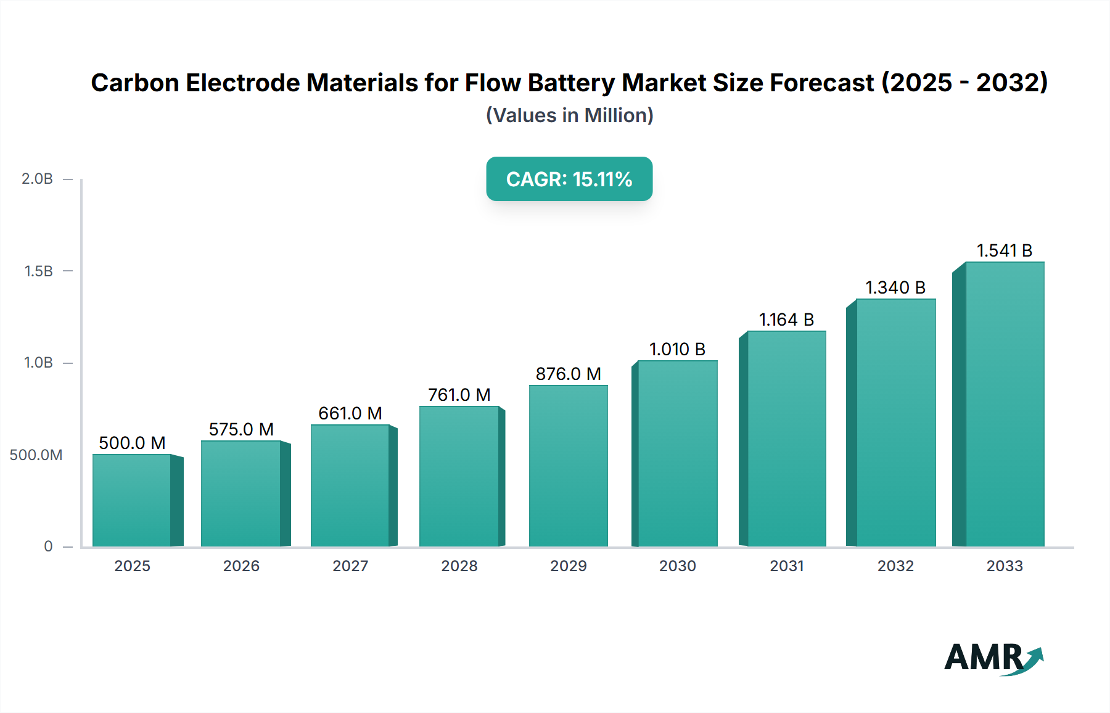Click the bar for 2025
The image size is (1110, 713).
[x=132, y=500]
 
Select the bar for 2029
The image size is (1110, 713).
[x=568, y=466]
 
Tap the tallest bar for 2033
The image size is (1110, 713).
[x=1005, y=404]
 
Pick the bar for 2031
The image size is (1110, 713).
[x=786, y=439]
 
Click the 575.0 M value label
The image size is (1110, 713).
[x=241, y=429]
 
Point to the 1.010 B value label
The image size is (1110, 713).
[x=677, y=349]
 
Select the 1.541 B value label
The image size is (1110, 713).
[x=1005, y=250]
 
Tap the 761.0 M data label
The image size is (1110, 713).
[x=459, y=395]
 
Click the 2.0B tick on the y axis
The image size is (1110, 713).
[x=38, y=179]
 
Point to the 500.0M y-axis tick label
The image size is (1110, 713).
[x=36, y=455]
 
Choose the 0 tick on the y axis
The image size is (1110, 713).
[x=48, y=546]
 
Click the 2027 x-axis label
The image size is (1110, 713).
[x=350, y=566]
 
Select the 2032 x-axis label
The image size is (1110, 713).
[x=895, y=566]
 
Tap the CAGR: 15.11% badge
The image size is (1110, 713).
[x=569, y=179]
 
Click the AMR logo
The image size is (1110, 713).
[x=993, y=658]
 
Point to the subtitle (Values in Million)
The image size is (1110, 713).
[x=569, y=115]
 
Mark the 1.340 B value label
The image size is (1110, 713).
[x=895, y=287]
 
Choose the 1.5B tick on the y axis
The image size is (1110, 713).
[x=38, y=271]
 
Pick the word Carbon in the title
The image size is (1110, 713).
[x=135, y=83]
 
